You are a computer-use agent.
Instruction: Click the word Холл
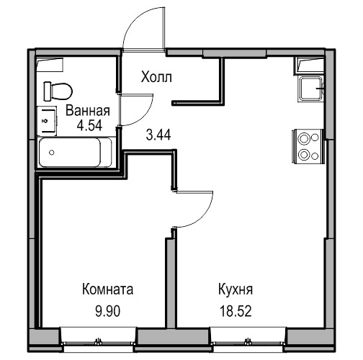pos(156,77)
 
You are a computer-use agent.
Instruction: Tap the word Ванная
pos(88,111)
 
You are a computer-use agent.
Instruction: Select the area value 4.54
pos(89,125)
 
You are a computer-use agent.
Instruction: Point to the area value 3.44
pos(158,135)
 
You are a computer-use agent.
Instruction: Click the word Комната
pos(107,289)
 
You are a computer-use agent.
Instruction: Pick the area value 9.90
pos(108,311)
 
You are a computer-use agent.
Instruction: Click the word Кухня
pos(236,289)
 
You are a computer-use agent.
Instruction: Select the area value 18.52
pos(236,311)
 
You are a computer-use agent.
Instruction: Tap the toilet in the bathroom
pos(58,91)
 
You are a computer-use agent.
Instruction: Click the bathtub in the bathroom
pos(75,153)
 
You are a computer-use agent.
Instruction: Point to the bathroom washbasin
pos(47,120)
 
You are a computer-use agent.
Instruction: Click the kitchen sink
pos(311,89)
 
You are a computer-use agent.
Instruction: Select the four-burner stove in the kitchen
pos(308,146)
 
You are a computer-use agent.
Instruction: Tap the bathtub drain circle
pos(51,153)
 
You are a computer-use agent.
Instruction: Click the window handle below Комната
pos(98,341)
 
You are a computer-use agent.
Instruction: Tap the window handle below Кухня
pos(248,341)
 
